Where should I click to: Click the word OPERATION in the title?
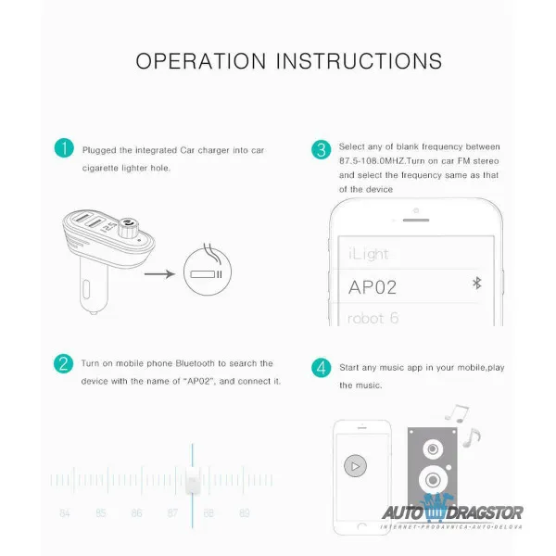coord(201,61)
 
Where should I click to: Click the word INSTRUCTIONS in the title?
coord(360,61)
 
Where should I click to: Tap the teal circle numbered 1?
coord(64,148)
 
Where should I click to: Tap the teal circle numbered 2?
coord(63,364)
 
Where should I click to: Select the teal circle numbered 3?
coord(322,149)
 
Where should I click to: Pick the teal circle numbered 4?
coord(322,367)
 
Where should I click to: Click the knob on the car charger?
coord(128,228)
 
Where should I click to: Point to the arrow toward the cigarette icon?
coord(159,273)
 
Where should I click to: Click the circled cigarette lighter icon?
coord(208,272)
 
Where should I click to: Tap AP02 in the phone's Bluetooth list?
coord(373,287)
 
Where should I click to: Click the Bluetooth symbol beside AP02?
coord(477,284)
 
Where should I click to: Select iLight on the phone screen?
coord(368,254)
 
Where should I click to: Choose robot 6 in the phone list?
coord(373,318)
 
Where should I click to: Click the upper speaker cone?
coord(433,449)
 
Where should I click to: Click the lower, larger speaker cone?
coord(433,480)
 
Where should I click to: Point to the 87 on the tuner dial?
coord(172,513)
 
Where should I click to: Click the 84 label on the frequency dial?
coord(65,513)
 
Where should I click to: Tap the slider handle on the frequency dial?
coord(192,480)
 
